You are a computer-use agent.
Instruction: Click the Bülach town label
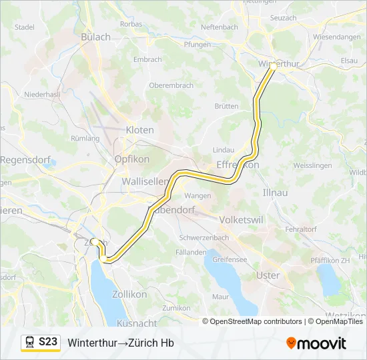tap(95, 37)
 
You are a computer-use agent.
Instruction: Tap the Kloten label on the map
tap(139, 130)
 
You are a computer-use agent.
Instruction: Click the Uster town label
tap(268, 275)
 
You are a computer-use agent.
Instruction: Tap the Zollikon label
tap(129, 294)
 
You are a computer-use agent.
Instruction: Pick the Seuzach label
tap(283, 18)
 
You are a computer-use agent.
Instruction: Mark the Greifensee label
tap(230, 258)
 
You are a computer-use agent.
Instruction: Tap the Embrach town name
tap(147, 59)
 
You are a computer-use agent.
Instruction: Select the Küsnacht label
tap(136, 323)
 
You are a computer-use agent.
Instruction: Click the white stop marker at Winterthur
tap(273, 67)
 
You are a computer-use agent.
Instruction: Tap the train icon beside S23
tap(30, 342)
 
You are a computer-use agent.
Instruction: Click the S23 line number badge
tap(48, 342)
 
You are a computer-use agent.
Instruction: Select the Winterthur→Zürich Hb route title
tap(121, 343)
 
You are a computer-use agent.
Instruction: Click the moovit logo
tap(316, 343)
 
